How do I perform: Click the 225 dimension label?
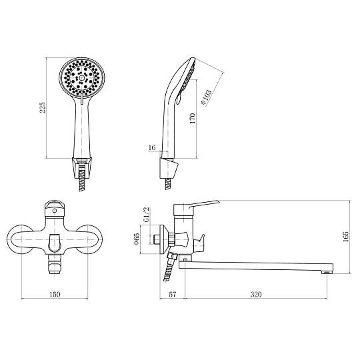[x=43, y=107]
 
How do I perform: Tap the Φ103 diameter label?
[x=207, y=97]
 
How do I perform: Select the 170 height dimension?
[x=193, y=118]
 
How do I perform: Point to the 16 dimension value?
[x=152, y=147]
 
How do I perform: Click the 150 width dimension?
[x=55, y=294]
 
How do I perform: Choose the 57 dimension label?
[x=172, y=294]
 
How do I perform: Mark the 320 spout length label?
[x=256, y=294]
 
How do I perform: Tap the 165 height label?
[x=345, y=237]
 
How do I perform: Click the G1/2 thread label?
[x=146, y=214]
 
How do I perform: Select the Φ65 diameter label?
[x=137, y=239]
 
